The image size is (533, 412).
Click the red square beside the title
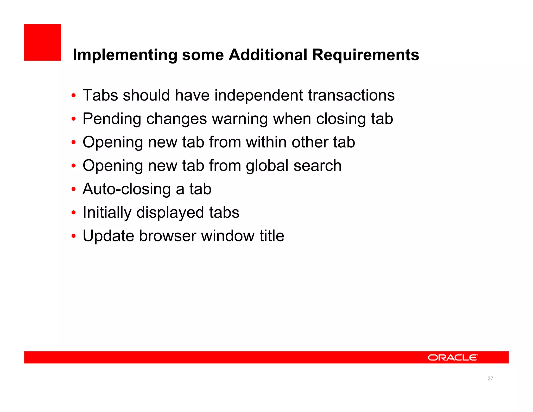click(x=42, y=42)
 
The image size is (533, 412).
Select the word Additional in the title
click(x=268, y=55)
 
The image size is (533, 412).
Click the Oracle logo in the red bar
click(x=453, y=357)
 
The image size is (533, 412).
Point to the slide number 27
click(x=490, y=378)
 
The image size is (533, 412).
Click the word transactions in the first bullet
click(x=351, y=95)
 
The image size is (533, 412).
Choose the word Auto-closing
click(x=126, y=189)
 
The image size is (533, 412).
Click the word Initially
click(x=107, y=213)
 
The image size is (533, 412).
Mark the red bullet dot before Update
click(x=74, y=236)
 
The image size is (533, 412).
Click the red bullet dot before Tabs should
click(x=74, y=96)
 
